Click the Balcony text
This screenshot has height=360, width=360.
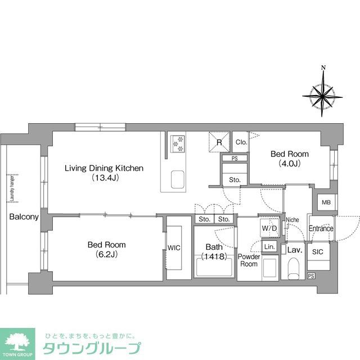[23, 217]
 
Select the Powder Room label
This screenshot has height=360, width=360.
[249, 260]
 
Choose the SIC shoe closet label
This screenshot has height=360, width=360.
[317, 253]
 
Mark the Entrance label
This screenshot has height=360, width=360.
[321, 228]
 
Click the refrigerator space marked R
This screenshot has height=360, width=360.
[219, 142]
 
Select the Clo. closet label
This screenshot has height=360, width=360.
[241, 142]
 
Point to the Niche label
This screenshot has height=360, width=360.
[292, 220]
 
